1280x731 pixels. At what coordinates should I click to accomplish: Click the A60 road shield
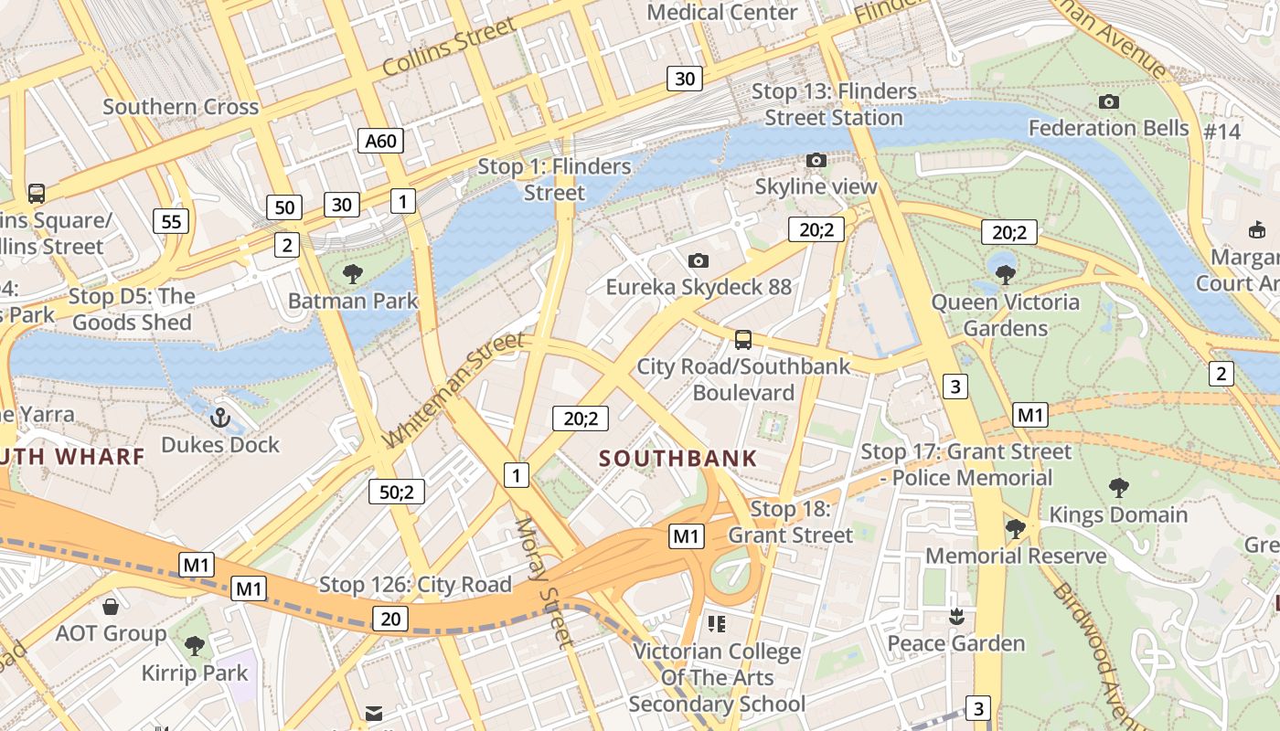(x=380, y=141)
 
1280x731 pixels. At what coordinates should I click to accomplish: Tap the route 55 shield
(x=172, y=220)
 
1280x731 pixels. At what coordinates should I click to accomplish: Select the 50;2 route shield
(x=397, y=492)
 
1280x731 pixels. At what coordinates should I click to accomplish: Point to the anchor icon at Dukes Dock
(x=219, y=418)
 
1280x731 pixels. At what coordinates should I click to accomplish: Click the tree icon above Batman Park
(x=353, y=273)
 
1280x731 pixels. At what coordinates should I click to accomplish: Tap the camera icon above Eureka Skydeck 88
(x=699, y=260)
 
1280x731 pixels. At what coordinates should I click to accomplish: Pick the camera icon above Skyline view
(x=816, y=161)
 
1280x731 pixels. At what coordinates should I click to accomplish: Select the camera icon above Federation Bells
(x=1109, y=101)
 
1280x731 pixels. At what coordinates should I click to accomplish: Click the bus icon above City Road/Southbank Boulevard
(x=743, y=340)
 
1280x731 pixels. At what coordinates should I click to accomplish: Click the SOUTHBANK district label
(x=678, y=459)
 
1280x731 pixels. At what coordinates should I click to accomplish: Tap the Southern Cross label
(x=181, y=107)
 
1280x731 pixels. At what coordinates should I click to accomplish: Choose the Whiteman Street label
(x=454, y=389)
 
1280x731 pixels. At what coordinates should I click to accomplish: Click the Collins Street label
(x=449, y=48)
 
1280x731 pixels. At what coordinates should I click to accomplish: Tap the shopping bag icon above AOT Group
(x=111, y=607)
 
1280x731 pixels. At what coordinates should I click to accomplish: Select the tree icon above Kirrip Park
(x=195, y=647)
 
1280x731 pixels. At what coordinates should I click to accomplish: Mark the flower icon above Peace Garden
(x=956, y=617)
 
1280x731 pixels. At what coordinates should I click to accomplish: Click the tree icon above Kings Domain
(x=1118, y=488)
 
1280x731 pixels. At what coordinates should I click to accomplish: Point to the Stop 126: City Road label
(x=415, y=585)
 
